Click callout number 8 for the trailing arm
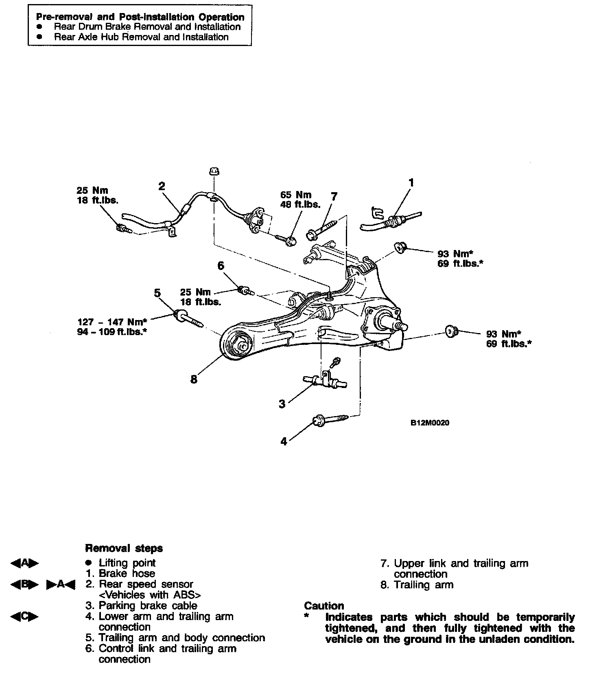(x=194, y=379)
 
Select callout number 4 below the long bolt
(x=284, y=441)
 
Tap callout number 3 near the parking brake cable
(x=282, y=404)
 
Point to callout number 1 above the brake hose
(x=411, y=182)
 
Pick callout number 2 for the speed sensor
(x=162, y=186)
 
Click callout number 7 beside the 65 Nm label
(x=334, y=197)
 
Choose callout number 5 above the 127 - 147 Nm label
(x=157, y=293)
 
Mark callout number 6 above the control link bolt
(x=221, y=266)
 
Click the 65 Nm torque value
(x=296, y=195)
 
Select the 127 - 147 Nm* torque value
(x=112, y=322)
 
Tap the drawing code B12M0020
(x=430, y=423)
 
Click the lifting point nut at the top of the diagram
(x=214, y=171)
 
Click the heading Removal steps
(x=124, y=548)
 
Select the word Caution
(x=324, y=606)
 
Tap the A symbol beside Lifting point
(x=24, y=563)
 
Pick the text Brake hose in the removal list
(x=127, y=574)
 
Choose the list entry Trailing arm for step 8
(x=423, y=585)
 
